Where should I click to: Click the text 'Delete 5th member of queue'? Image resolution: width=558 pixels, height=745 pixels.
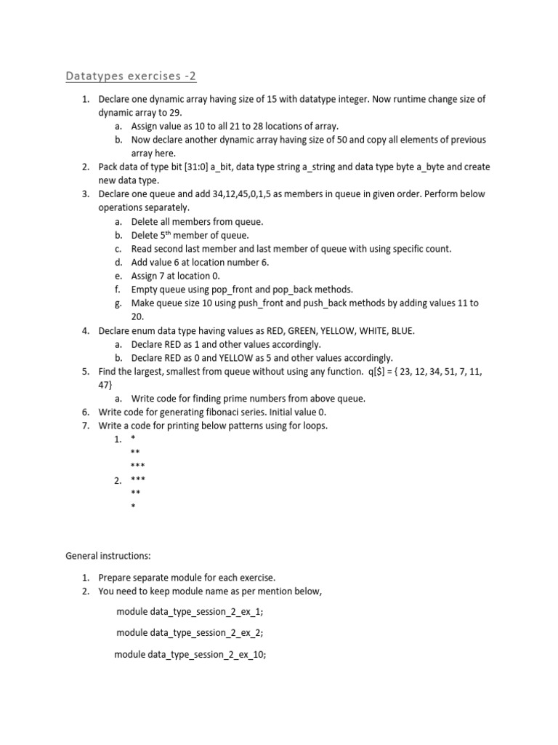pyautogui.click(x=190, y=235)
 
